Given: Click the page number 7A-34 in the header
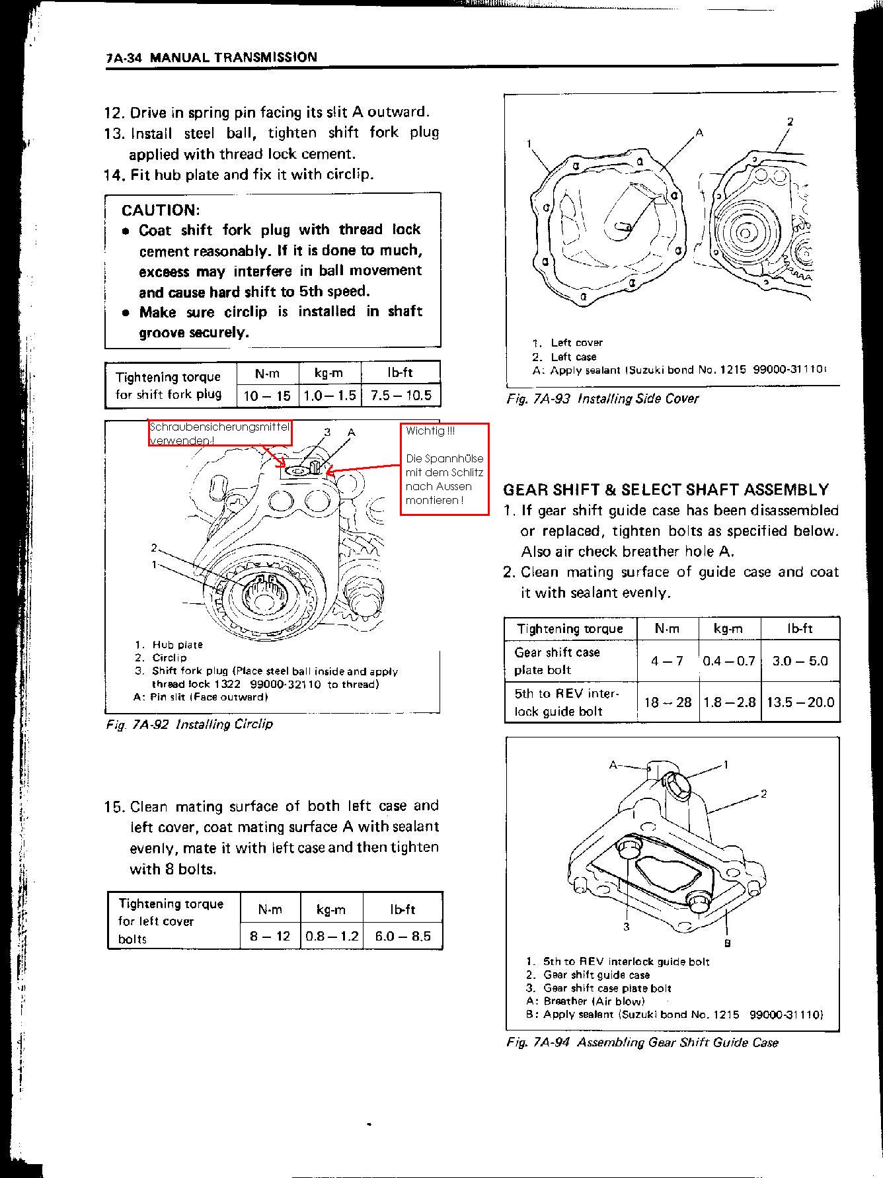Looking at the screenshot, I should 126,58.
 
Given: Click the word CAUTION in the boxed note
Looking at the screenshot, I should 160,210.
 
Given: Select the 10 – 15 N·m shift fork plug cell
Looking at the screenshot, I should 267,396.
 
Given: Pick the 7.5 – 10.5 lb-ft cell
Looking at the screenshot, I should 401,396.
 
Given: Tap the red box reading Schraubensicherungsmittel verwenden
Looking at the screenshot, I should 219,433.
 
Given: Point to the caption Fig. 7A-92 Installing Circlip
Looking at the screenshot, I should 189,724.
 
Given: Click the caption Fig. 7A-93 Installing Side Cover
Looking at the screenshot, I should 602,399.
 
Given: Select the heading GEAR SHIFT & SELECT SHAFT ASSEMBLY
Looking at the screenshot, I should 666,490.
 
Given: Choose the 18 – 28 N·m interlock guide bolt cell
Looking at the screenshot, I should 668,702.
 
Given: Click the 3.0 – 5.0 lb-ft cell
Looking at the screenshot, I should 800,661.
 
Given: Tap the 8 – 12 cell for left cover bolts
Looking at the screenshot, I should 270,936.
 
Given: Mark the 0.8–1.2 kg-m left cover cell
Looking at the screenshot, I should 332,936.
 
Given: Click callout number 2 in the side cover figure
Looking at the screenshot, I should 790,122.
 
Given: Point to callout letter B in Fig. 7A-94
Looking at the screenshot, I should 727,943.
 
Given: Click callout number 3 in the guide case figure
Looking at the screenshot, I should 626,927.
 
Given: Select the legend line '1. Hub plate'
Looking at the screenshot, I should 169,645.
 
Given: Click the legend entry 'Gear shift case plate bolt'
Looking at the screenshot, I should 606,988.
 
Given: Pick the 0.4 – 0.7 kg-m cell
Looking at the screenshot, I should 729,661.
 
